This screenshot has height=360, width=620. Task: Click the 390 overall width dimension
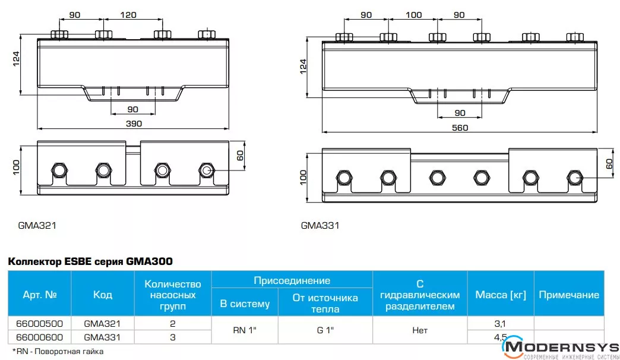(x=134, y=124)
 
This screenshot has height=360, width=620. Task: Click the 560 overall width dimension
(x=460, y=128)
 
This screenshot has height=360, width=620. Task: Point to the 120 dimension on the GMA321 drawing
(x=128, y=15)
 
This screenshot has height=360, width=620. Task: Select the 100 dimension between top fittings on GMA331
(x=413, y=15)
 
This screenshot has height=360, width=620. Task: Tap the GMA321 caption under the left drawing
(x=37, y=226)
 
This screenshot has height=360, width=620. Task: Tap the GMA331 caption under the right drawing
(x=320, y=226)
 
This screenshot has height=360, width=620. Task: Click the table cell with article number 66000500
(x=40, y=324)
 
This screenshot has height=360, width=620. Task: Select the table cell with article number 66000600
(x=40, y=337)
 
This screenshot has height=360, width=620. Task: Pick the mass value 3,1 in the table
(x=500, y=324)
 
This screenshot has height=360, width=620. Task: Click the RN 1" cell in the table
(x=245, y=330)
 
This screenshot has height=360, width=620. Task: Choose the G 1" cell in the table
(x=325, y=330)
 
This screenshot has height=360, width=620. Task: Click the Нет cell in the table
(x=420, y=330)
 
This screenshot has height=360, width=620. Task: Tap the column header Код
(x=102, y=294)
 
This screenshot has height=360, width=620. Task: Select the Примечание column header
(x=569, y=294)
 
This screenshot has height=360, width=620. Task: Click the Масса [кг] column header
(x=501, y=294)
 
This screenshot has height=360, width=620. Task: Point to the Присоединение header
(x=292, y=280)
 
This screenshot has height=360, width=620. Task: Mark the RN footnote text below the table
(x=58, y=351)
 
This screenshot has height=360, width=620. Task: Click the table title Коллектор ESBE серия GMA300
(x=90, y=261)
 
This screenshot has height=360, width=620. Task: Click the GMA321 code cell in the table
(x=102, y=324)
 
